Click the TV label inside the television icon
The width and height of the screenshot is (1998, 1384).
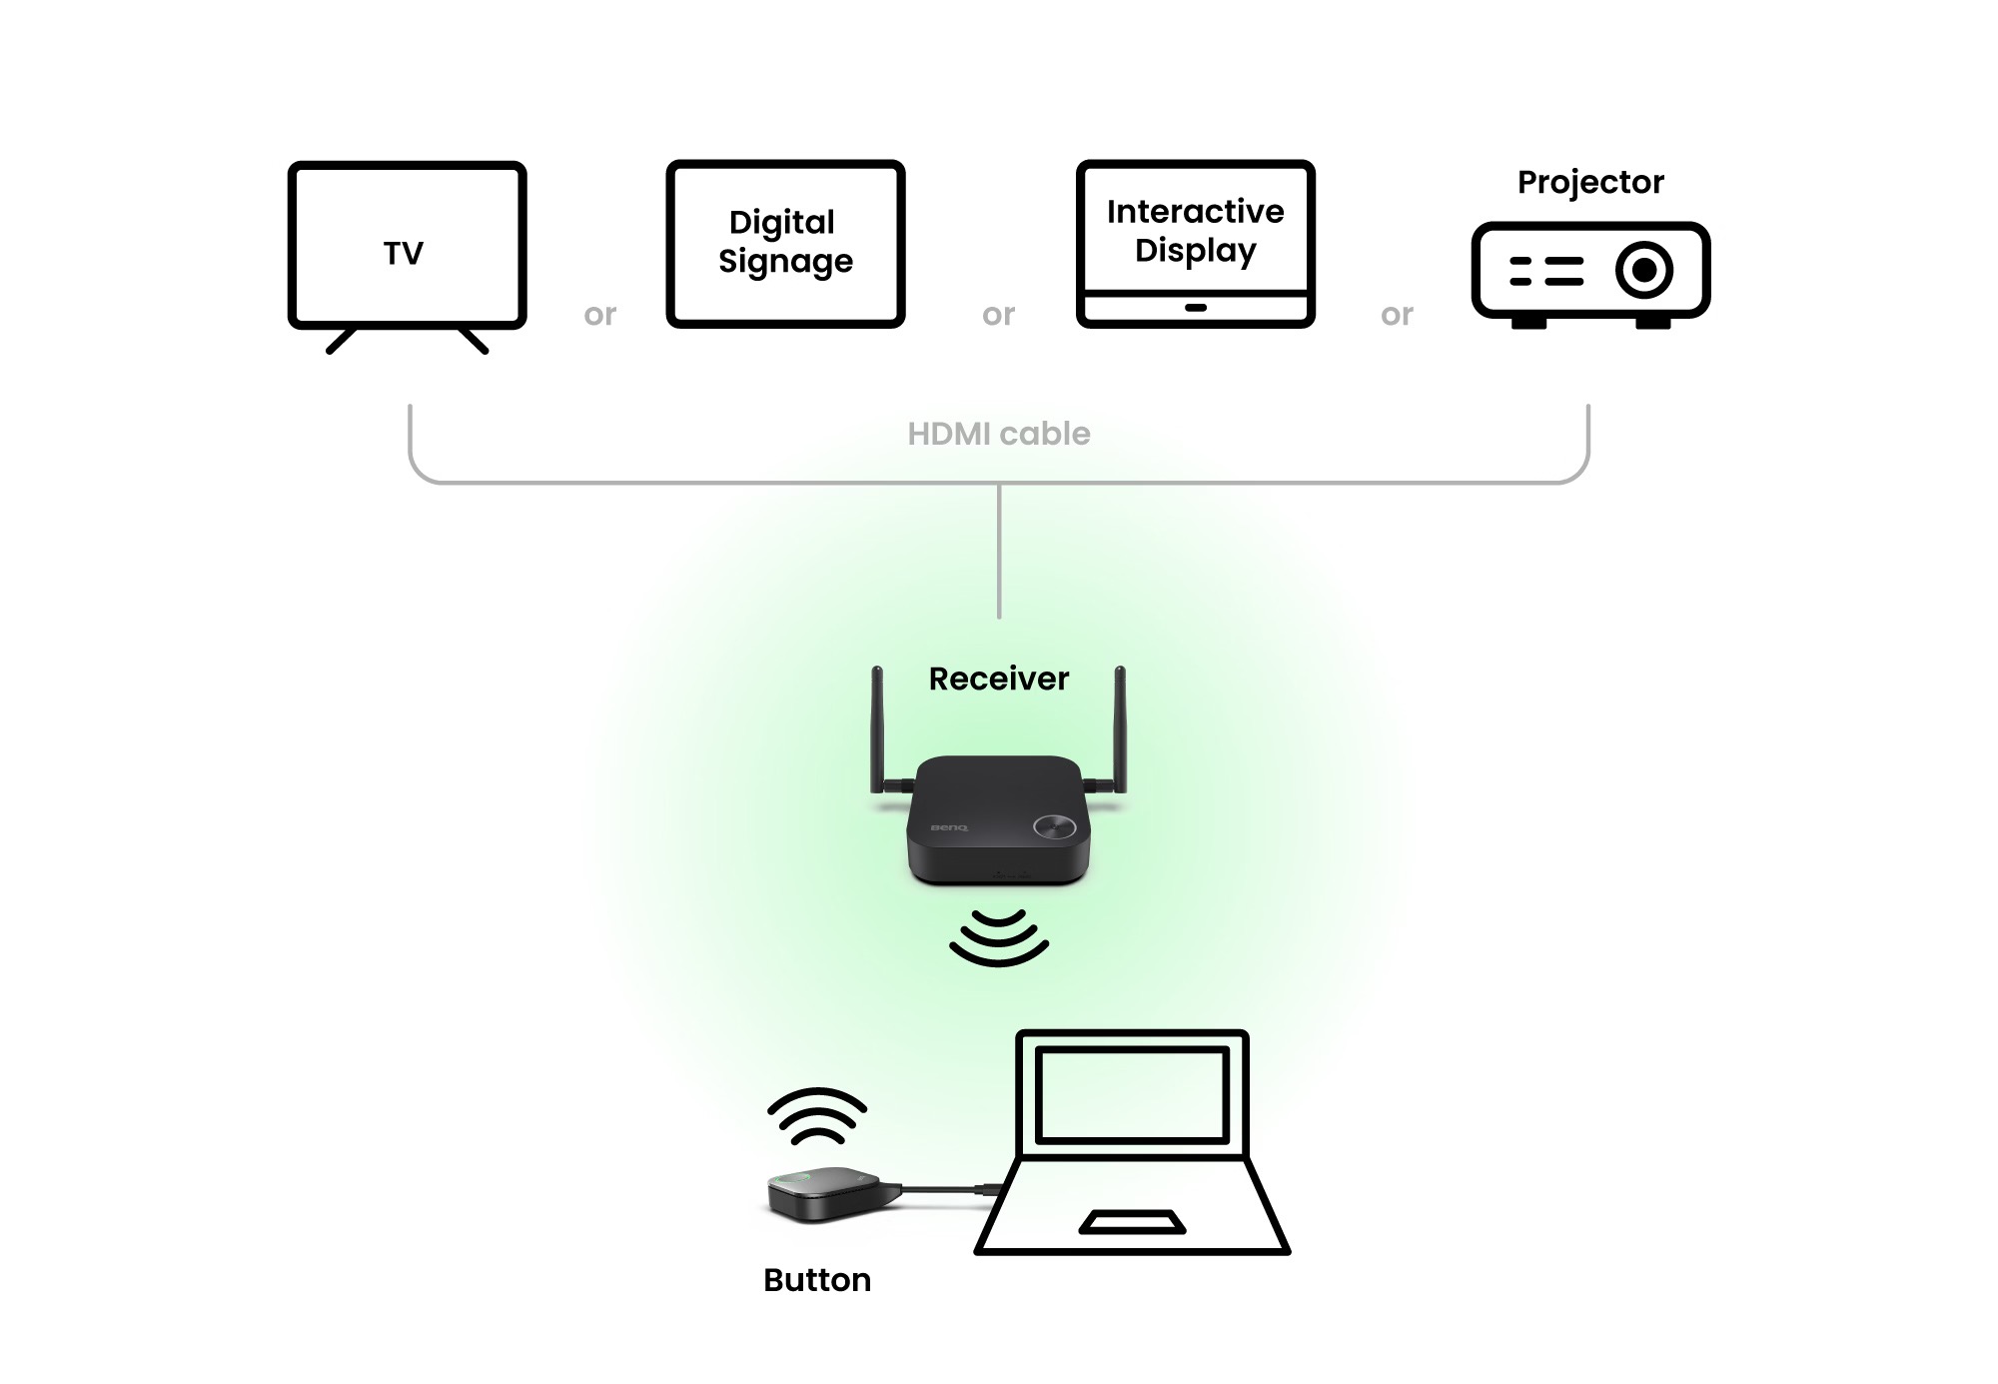pyautogui.click(x=404, y=254)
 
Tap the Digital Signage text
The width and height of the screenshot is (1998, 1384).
pyautogui.click(x=785, y=241)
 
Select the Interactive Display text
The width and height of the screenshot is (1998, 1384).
pyautogui.click(x=1195, y=231)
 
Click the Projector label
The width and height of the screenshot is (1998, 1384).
pyautogui.click(x=1590, y=182)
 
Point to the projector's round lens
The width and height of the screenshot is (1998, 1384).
pyautogui.click(x=1643, y=270)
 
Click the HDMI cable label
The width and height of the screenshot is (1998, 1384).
pyautogui.click(x=999, y=434)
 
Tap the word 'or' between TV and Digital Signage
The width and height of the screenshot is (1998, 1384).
pyautogui.click(x=600, y=315)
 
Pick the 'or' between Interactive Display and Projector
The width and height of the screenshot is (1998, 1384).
pyautogui.click(x=1397, y=315)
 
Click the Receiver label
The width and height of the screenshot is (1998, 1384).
pyautogui.click(x=999, y=679)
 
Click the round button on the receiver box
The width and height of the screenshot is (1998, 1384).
pyautogui.click(x=1055, y=826)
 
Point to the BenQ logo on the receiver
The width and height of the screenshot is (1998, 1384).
pyautogui.click(x=949, y=827)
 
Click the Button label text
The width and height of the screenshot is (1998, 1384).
pyautogui.click(x=817, y=1280)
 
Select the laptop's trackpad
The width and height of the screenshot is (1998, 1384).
pyautogui.click(x=1132, y=1222)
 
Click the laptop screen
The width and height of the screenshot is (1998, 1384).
pyautogui.click(x=1132, y=1094)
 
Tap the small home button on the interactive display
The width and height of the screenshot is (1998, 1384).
pyautogui.click(x=1195, y=308)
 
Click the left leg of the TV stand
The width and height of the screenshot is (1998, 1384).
pyautogui.click(x=342, y=340)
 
